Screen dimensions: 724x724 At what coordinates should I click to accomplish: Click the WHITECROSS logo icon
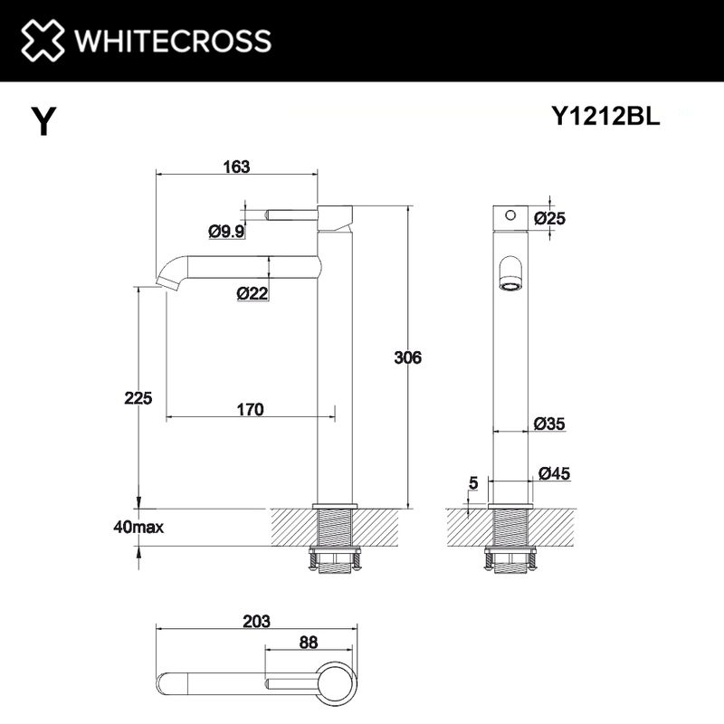(42, 41)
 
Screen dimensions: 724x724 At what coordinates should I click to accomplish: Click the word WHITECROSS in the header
(171, 41)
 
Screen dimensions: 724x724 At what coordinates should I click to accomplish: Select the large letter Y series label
(43, 121)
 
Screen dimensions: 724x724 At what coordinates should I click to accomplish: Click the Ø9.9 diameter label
(226, 232)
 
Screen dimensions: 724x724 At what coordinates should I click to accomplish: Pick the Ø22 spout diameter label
(251, 292)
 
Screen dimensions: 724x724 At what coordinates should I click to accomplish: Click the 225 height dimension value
(139, 397)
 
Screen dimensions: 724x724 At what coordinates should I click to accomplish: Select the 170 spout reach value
(249, 410)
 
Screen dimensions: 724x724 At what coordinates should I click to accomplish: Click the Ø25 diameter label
(549, 217)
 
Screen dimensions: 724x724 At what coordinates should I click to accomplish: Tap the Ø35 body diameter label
(549, 423)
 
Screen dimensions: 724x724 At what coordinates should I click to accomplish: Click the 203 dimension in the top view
(257, 622)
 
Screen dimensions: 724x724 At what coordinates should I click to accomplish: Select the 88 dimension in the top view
(309, 643)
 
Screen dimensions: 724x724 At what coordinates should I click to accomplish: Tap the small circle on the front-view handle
(510, 215)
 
